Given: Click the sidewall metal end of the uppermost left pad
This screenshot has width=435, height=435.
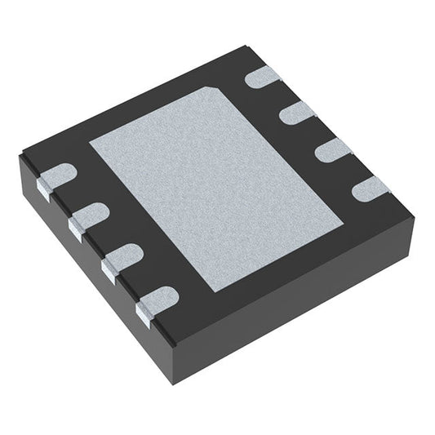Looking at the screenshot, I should (x=47, y=189).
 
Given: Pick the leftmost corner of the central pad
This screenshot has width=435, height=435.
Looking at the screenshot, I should (x=88, y=138).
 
